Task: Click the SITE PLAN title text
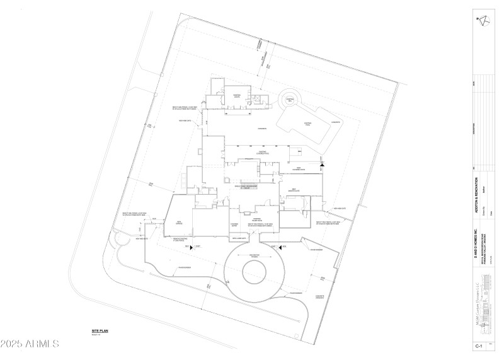coord(101,330)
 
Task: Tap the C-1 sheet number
coord(479,346)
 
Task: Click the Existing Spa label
coord(290,100)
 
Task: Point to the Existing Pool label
coord(309,124)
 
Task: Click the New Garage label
coord(179,223)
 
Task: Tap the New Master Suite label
coord(294,190)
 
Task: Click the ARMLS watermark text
coord(30,344)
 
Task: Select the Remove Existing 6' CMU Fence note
coord(181,240)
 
